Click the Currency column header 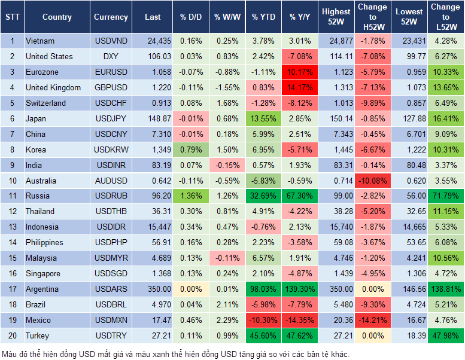click(111, 17)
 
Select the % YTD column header click(263, 17)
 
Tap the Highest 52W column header click(336, 17)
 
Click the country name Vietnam click(40, 41)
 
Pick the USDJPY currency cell click(111, 118)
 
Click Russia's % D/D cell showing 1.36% click(190, 196)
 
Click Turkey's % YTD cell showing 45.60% click(263, 336)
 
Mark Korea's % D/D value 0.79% click(190, 150)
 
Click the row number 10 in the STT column click(11, 181)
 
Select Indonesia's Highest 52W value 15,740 click(336, 227)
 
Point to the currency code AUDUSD click(111, 181)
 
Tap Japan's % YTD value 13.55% click(263, 118)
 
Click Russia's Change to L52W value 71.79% click(445, 196)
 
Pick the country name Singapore click(43, 274)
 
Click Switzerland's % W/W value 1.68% click(226, 103)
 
